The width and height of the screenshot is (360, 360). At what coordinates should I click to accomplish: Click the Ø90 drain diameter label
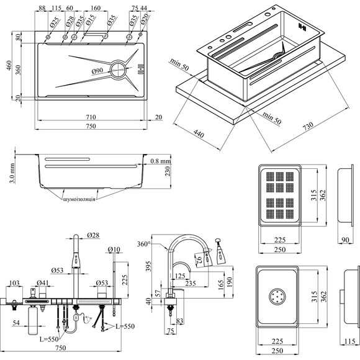(x=97, y=71)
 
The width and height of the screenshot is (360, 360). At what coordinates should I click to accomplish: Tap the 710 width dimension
(x=91, y=117)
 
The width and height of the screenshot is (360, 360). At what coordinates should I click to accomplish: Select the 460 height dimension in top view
(x=9, y=65)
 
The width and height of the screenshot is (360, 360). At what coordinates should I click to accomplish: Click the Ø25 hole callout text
(x=54, y=22)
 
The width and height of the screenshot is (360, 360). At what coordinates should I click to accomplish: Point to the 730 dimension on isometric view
(x=308, y=126)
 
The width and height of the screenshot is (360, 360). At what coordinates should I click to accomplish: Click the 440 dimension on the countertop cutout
(x=199, y=133)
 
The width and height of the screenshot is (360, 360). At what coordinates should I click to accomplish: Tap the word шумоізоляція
(x=79, y=199)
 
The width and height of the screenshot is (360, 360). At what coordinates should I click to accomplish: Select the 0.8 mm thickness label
(x=161, y=161)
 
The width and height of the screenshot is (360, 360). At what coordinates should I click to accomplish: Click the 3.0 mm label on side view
(x=12, y=173)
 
